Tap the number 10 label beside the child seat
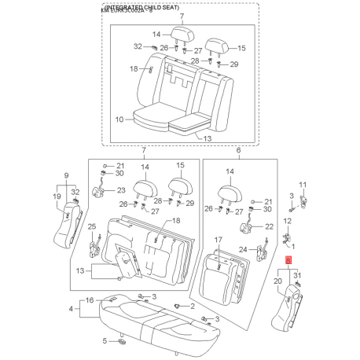click(120, 120)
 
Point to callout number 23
click(120, 190)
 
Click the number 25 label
click(90, 227)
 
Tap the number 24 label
click(242, 249)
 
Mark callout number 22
click(268, 226)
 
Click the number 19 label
click(58, 197)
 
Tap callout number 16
click(90, 299)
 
